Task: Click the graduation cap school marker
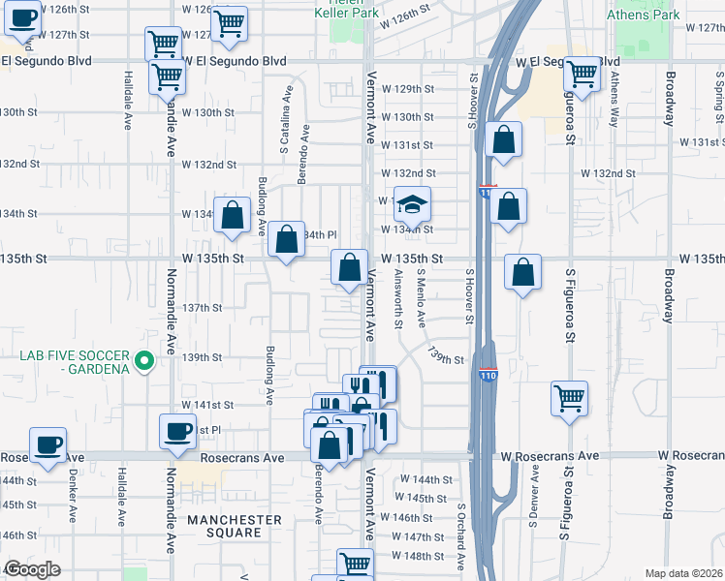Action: pyautogui.click(x=412, y=205)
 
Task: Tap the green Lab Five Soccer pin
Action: pyautogui.click(x=144, y=362)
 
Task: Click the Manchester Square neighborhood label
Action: pyautogui.click(x=235, y=526)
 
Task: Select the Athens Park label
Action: pyautogui.click(x=642, y=15)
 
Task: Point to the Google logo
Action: pyautogui.click(x=31, y=569)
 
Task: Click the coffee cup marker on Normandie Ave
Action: pyautogui.click(x=178, y=432)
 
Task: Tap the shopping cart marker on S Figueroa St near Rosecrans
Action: pyautogui.click(x=569, y=396)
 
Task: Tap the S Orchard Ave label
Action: pyautogui.click(x=461, y=535)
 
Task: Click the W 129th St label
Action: pyautogui.click(x=407, y=88)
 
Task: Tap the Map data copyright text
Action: pyautogui.click(x=683, y=573)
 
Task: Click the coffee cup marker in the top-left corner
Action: pyautogui.click(x=21, y=16)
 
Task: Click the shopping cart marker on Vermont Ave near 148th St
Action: pyautogui.click(x=355, y=563)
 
